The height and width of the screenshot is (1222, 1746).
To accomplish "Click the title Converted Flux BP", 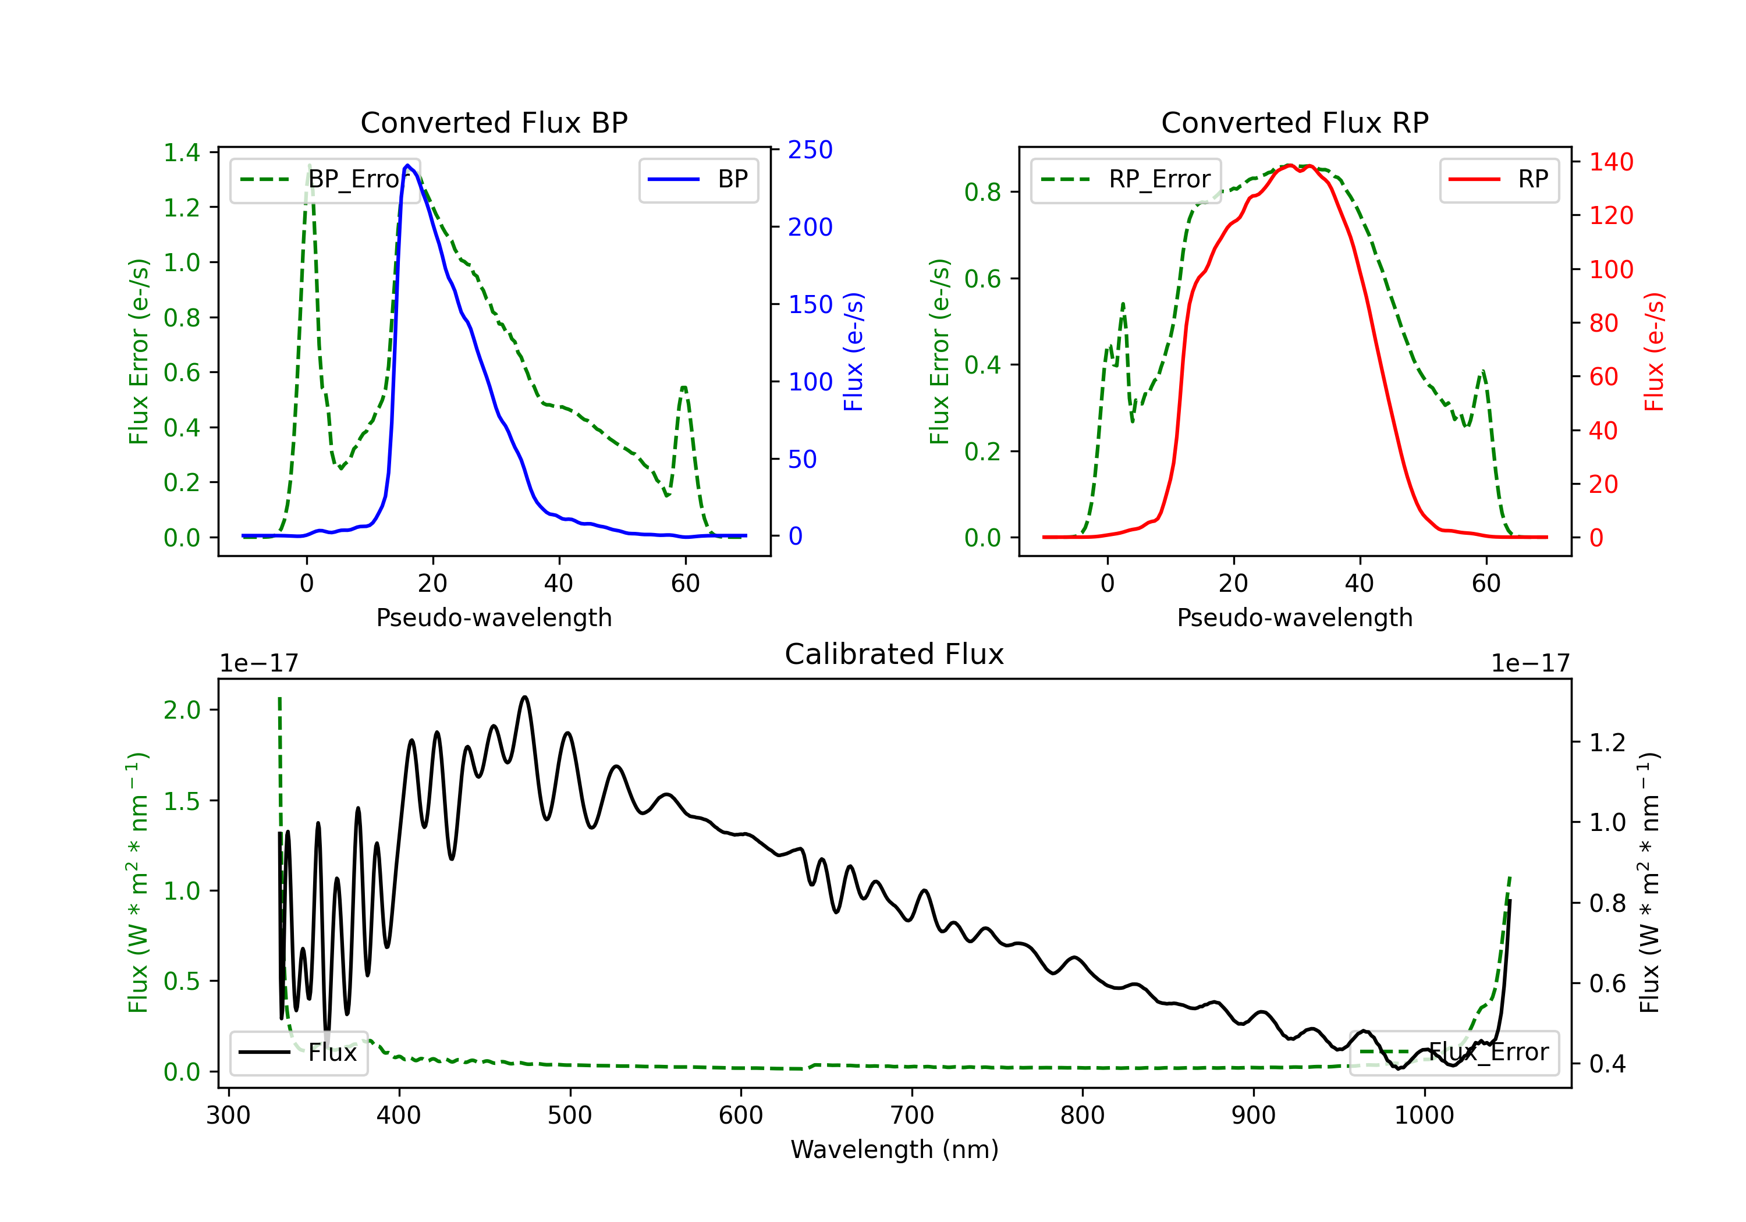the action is (494, 122).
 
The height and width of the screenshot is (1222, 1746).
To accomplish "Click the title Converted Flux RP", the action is (1294, 122).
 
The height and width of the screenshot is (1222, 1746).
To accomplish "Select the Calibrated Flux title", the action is (895, 654).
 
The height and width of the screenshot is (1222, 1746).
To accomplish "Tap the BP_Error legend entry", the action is (325, 179).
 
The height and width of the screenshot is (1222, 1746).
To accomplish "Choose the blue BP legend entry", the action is (698, 179).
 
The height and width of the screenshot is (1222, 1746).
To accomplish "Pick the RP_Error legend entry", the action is (1126, 179).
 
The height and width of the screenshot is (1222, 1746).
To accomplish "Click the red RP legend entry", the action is (1499, 179).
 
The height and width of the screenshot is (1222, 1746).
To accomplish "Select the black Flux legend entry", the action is (298, 1053).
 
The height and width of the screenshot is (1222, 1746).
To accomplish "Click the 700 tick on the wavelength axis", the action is (912, 1116).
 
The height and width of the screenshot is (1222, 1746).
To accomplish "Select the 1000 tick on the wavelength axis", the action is (1424, 1116).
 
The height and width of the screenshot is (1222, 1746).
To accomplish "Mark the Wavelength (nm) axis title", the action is (895, 1149).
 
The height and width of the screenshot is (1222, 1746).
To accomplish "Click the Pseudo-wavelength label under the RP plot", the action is (1294, 617).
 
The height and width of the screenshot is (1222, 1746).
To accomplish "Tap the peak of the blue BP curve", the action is (407, 165).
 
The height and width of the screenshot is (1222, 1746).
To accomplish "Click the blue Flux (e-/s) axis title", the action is (853, 351).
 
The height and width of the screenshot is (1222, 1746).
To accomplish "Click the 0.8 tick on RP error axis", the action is (982, 193).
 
